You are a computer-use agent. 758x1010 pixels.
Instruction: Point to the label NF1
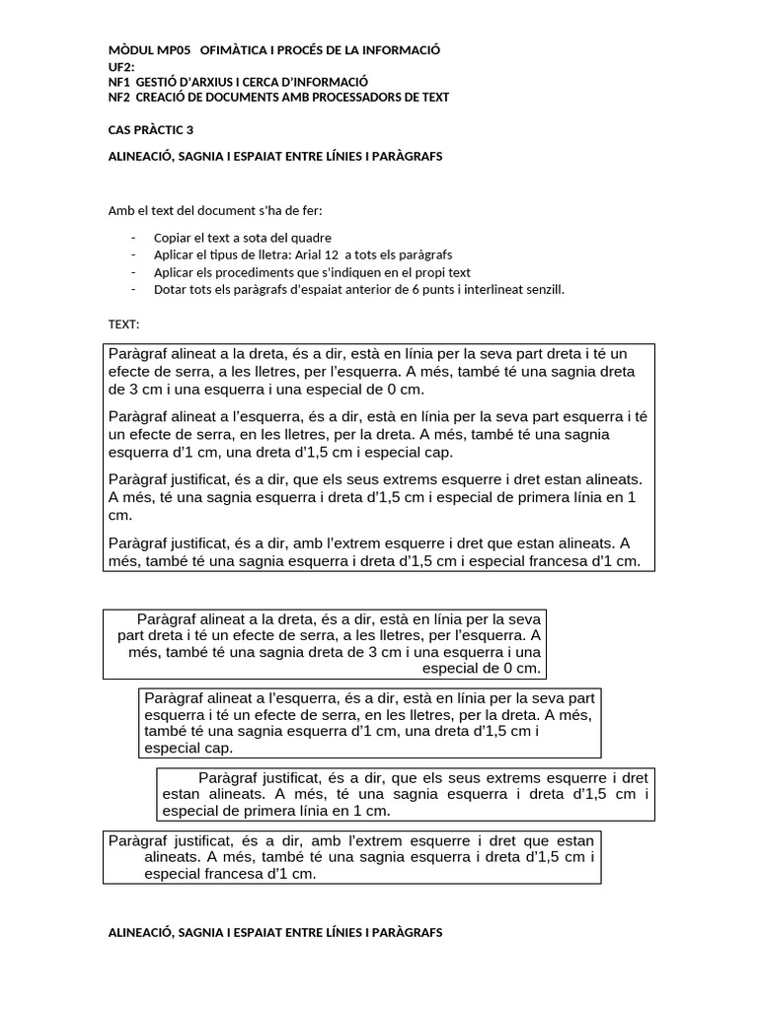tap(118, 82)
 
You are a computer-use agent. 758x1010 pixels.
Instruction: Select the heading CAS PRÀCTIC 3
tap(150, 130)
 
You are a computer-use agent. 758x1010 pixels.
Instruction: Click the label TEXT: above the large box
tap(123, 324)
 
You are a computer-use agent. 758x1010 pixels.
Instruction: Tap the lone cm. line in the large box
tap(119, 515)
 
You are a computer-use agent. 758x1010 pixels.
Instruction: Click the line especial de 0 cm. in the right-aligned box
tap(481, 668)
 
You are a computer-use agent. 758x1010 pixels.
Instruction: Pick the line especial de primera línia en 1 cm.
tap(276, 811)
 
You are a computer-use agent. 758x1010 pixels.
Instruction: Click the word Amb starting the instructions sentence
tap(118, 210)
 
